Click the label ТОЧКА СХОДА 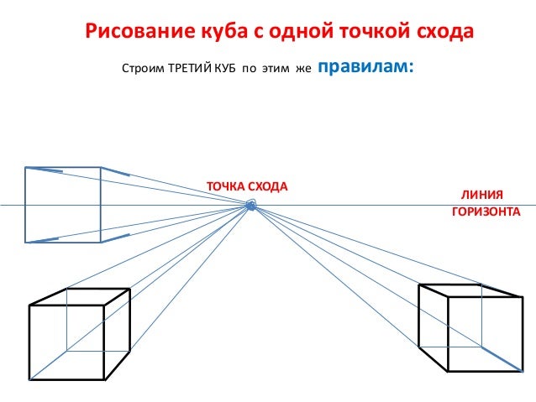[x=247, y=185]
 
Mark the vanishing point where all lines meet [x=250, y=206]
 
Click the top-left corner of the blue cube [x=26, y=168]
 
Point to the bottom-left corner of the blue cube [x=26, y=243]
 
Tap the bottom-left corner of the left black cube [x=29, y=377]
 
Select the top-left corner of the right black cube [x=419, y=285]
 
